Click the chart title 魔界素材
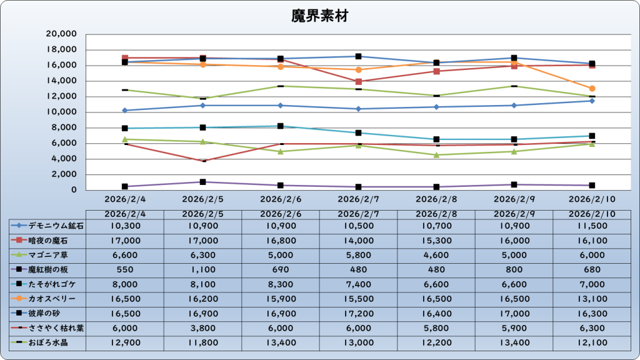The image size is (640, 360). point(319,16)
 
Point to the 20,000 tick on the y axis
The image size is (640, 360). point(62,34)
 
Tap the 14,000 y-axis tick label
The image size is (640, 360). point(62,81)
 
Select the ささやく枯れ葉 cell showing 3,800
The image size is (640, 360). point(202,328)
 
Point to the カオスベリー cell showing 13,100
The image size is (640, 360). point(592,299)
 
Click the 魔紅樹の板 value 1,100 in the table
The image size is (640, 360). point(202,269)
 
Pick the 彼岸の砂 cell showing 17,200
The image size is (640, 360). point(358,314)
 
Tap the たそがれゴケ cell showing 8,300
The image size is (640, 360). point(281,284)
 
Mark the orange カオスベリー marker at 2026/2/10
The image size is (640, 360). point(592,89)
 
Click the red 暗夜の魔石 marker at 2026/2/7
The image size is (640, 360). point(358,81)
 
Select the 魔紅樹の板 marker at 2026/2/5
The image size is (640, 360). point(202,182)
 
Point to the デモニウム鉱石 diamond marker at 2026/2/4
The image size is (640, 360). point(125,110)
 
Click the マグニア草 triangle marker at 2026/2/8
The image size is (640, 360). point(436,155)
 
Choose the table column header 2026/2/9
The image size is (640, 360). point(514,214)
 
